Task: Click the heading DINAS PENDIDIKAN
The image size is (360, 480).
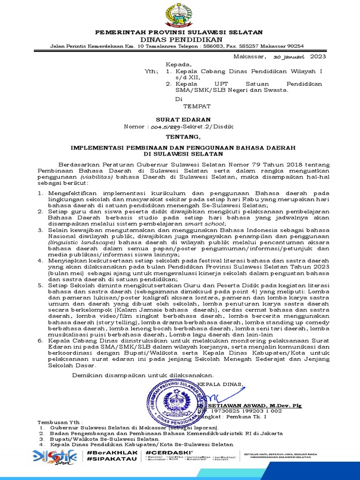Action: coord(180,39)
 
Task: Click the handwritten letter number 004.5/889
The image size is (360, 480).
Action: coord(171,127)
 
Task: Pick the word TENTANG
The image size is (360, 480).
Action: coord(180,137)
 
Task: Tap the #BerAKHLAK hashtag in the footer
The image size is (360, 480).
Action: coord(106,452)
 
